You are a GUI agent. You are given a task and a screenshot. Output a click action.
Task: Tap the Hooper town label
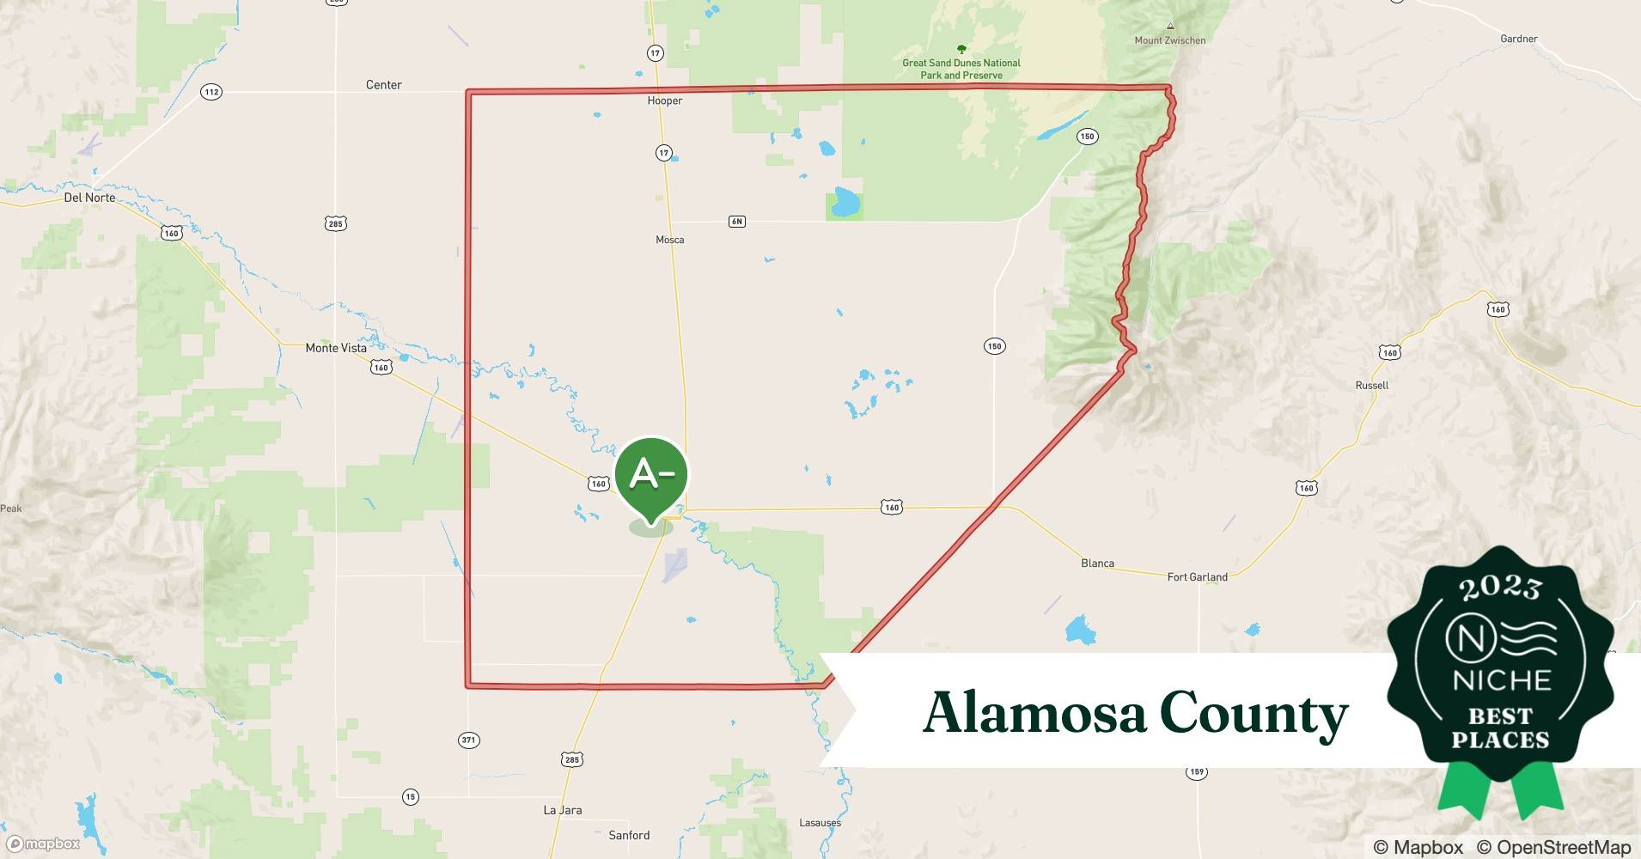665,101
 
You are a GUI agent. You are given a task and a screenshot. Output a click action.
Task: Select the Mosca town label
670,240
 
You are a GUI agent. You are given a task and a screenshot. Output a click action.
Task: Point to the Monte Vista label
336,348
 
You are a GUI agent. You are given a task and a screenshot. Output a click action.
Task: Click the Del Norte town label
89,198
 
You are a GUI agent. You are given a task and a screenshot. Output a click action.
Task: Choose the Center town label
384,85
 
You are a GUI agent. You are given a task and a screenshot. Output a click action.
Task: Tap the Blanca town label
1097,564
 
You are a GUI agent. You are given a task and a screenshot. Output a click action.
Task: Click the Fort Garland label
1197,577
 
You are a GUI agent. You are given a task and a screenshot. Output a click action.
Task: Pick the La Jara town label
563,810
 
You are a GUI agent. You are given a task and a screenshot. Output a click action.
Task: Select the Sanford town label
629,835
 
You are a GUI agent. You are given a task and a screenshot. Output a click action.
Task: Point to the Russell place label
1371,386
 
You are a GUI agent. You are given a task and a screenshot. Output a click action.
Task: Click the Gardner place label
1519,39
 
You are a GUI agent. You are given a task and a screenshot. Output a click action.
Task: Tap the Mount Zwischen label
1169,40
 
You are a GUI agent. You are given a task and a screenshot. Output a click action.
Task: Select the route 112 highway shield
211,92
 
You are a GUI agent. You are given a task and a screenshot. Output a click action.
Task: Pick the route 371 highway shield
468,740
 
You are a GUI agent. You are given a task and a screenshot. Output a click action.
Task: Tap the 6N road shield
736,222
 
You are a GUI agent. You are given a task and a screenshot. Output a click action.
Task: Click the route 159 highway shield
1197,772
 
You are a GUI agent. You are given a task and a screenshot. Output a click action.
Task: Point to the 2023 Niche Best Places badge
1500,670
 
